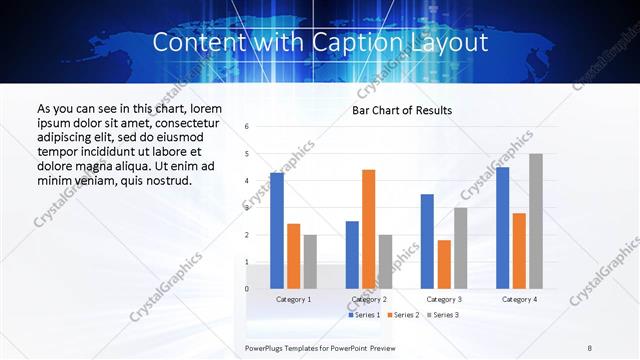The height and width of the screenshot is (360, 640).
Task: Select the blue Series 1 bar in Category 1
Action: pyautogui.click(x=277, y=230)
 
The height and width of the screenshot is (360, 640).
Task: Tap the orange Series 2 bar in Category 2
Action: pyautogui.click(x=368, y=229)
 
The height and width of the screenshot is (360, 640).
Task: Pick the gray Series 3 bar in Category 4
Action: pyautogui.click(x=536, y=221)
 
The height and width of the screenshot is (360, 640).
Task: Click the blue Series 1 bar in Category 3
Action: pyautogui.click(x=427, y=241)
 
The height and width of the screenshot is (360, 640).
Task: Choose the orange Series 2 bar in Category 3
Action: pyautogui.click(x=444, y=264)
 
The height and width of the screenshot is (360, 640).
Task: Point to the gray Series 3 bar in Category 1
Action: pyautogui.click(x=310, y=261)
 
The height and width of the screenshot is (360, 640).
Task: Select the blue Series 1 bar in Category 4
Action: pyautogui.click(x=503, y=227)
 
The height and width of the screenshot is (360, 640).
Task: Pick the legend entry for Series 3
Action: pyautogui.click(x=444, y=315)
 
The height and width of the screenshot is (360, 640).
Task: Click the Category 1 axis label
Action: pyautogui.click(x=293, y=299)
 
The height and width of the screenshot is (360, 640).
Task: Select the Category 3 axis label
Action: pyautogui.click(x=444, y=299)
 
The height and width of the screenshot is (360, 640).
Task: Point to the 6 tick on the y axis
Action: pyautogui.click(x=247, y=127)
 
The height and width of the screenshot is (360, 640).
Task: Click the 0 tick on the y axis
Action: pyautogui.click(x=247, y=289)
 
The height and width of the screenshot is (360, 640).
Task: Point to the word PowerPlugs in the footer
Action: pyautogui.click(x=267, y=346)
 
